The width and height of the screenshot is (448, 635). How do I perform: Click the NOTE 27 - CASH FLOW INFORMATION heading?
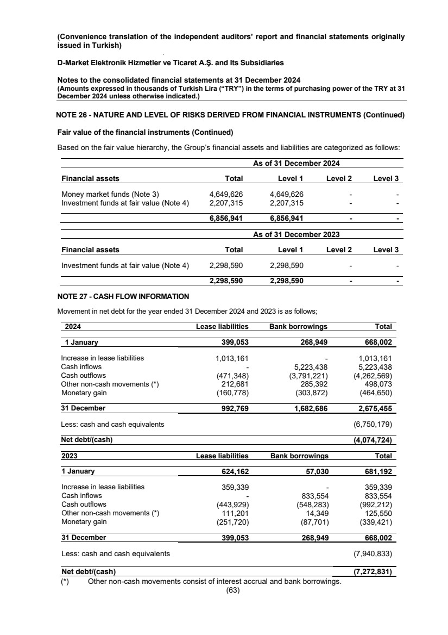[x=123, y=296]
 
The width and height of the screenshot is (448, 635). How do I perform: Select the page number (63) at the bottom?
[x=233, y=592]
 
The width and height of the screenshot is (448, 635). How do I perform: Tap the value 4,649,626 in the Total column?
[x=226, y=194]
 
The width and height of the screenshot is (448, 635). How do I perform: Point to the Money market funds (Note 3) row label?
[x=110, y=194]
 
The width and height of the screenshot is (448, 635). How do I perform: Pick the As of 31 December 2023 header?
[x=296, y=234]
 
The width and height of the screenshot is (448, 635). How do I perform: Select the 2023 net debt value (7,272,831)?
[x=373, y=572]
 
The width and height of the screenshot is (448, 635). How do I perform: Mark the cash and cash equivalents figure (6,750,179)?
[x=373, y=424]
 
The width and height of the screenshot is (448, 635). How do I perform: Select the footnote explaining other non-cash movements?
[x=214, y=582]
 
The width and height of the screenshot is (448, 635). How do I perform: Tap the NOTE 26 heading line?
[x=230, y=115]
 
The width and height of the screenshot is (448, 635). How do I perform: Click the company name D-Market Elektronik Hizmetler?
[x=170, y=63]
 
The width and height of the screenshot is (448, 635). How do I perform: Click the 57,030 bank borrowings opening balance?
[x=315, y=471]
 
